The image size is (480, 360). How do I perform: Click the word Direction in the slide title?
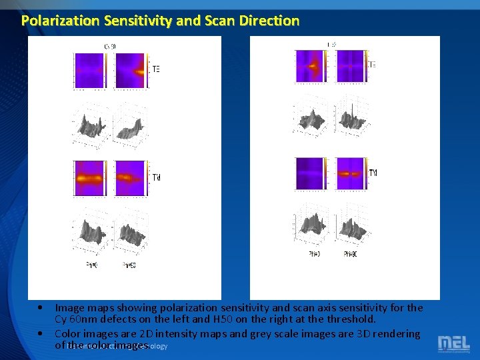pos(269,21)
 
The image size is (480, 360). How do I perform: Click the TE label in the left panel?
pos(156,69)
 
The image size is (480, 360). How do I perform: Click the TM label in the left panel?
pos(156,177)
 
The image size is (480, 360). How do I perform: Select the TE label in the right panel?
pos(372,65)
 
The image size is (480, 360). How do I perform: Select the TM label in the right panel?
pos(372,173)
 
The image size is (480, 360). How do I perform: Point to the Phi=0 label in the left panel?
pos(92,265)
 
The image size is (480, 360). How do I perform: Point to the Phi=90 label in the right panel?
pos(350,254)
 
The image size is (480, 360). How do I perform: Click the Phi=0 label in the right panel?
pos(313,254)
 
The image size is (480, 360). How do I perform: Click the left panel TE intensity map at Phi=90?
pos(131,71)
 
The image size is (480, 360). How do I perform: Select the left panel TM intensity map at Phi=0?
pos(91,179)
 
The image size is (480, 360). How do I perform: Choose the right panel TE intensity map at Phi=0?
pos(312,66)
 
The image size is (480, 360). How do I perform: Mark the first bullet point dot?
pos(41,308)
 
